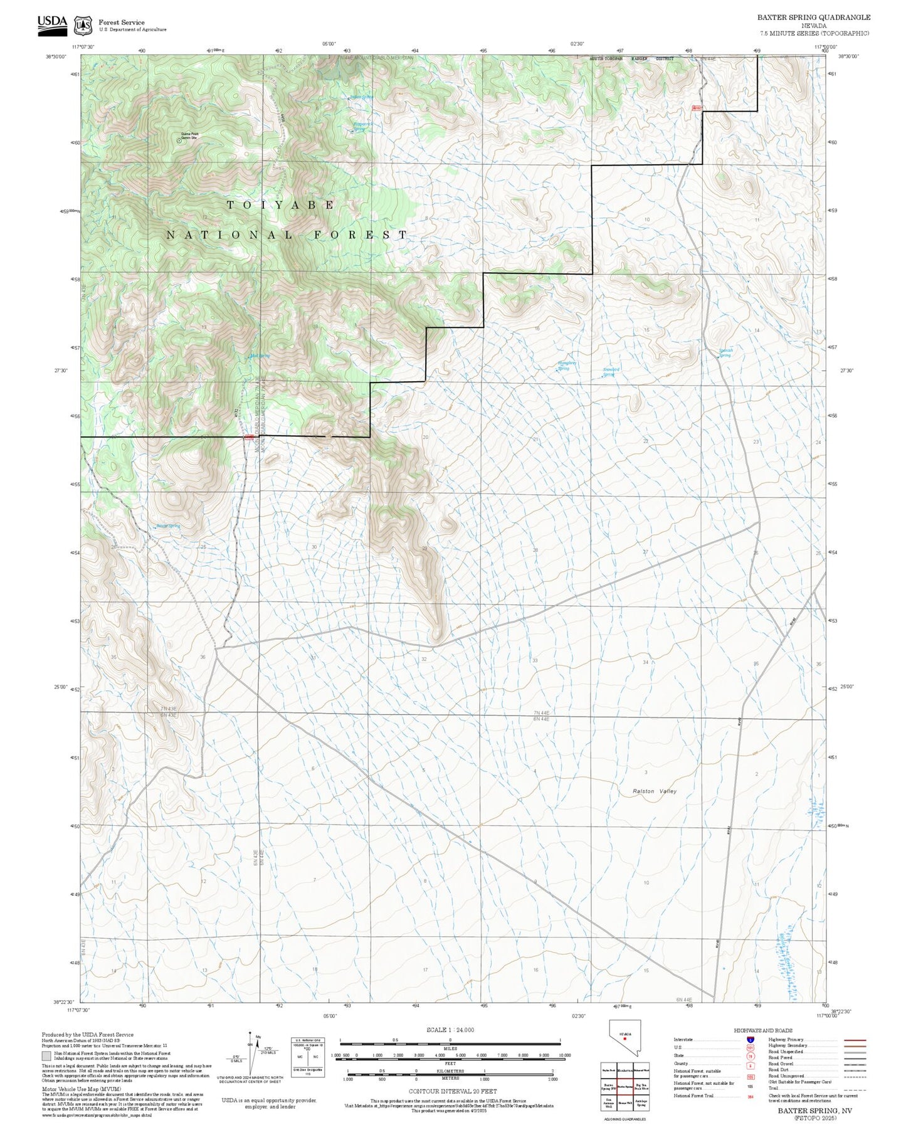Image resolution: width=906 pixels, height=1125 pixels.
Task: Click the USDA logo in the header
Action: click(52, 23)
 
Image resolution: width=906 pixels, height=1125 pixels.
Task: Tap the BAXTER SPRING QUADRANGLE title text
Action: click(813, 17)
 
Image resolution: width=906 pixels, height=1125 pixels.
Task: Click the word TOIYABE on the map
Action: click(280, 205)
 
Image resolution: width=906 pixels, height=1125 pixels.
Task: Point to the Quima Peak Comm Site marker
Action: click(179, 141)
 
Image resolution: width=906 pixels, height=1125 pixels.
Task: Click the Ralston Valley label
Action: click(655, 791)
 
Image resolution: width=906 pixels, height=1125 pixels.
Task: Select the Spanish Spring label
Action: click(725, 353)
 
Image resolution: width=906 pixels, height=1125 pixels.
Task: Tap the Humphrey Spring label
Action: click(567, 365)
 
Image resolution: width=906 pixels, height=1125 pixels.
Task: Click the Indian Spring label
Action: click(361, 97)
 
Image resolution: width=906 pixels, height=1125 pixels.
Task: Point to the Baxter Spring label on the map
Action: click(168, 526)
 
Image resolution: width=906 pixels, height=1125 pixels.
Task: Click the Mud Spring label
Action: click(260, 356)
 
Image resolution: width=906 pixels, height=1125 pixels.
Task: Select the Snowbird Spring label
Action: click(611, 372)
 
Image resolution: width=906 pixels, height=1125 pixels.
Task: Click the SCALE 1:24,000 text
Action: click(450, 1030)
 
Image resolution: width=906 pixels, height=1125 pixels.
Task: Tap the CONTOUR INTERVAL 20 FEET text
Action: click(453, 1091)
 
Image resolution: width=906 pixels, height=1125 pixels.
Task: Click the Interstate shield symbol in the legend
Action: click(750, 1040)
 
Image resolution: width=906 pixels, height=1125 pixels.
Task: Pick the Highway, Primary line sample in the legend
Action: click(855, 1040)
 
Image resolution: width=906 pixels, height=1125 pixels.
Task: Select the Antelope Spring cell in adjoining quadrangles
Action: click(640, 1104)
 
